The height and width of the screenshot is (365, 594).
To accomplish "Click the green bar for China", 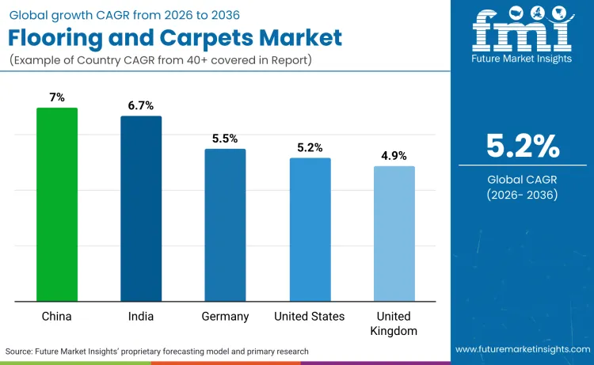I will pos(57,204).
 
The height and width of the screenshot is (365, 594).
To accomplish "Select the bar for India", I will pos(141,208).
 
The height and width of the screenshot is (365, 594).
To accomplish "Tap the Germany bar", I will pos(225,225).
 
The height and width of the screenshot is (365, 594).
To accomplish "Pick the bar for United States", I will pos(310,230).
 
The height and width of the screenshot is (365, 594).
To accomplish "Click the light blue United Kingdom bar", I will pos(394,234).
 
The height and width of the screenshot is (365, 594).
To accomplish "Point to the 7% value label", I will pos(57,97).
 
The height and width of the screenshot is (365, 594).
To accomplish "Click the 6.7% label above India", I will pos(141,105).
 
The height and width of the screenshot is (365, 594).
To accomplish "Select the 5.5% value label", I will pos(225,138).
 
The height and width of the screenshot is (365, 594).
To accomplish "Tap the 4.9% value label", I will pos(394,155).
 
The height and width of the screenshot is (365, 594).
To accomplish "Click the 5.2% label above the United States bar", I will pos(310,147).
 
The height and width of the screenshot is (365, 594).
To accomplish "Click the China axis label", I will pos(57,317).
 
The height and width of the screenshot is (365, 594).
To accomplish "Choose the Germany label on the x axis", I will pos(225,317).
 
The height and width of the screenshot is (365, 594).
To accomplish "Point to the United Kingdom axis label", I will pos(394,324).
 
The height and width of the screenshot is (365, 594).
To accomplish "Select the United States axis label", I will pos(310,317).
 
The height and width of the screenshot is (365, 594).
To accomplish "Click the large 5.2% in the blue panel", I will pos(523,146).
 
